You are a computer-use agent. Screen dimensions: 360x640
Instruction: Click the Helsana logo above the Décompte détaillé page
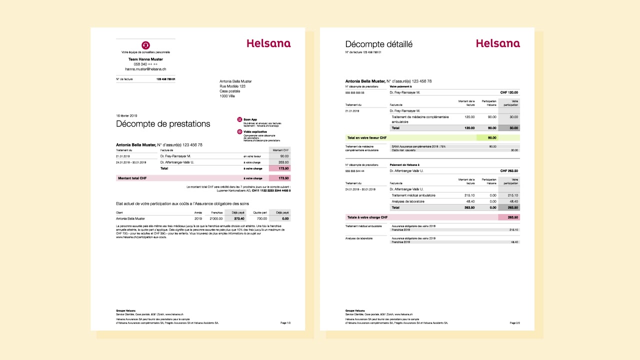[x=497, y=43]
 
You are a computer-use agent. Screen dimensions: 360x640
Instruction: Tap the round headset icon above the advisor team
[x=145, y=45]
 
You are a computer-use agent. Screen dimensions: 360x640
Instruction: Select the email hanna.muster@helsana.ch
[x=145, y=69]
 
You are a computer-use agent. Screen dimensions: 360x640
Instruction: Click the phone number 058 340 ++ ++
[x=145, y=64]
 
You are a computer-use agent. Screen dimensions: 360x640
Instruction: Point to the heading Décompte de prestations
[x=163, y=124]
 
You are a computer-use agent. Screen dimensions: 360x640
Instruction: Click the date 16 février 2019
[x=126, y=115]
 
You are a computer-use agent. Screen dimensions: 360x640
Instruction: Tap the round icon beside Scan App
[x=239, y=119]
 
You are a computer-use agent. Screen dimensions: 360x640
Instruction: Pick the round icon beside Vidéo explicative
[x=239, y=132]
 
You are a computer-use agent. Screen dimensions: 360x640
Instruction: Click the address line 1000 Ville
[x=227, y=96]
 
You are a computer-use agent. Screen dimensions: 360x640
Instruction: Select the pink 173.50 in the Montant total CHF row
[x=279, y=178]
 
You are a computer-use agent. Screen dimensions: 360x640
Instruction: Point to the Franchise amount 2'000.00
[x=215, y=218]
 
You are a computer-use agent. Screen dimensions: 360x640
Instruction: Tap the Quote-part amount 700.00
[x=261, y=218]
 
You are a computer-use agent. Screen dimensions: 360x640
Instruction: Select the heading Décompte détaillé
[x=378, y=44]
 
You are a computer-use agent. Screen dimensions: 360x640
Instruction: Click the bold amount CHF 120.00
[x=509, y=92]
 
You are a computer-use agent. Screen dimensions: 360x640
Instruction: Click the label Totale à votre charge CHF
[x=367, y=217]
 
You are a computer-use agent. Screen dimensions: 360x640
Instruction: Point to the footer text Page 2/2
[x=514, y=323]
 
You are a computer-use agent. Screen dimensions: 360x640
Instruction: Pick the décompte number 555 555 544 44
[x=355, y=171]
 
